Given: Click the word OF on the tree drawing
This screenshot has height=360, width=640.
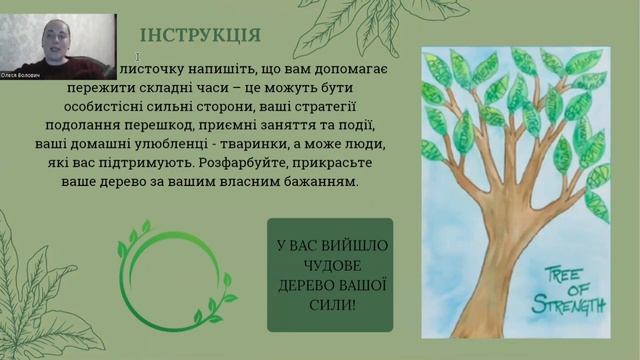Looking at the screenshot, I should pyautogui.click(x=566, y=287).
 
